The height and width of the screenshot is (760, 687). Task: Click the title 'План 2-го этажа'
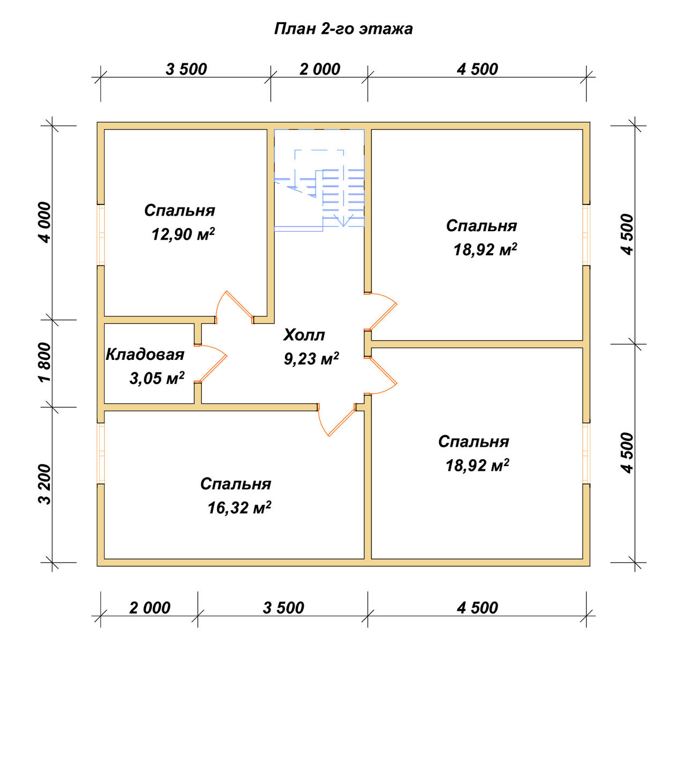pyautogui.click(x=343, y=29)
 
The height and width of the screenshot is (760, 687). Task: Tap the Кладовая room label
pyautogui.click(x=145, y=355)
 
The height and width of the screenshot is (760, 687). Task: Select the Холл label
pyautogui.click(x=304, y=335)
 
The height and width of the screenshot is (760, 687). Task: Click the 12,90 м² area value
pyautogui.click(x=183, y=234)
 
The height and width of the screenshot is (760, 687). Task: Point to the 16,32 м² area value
pyautogui.click(x=239, y=508)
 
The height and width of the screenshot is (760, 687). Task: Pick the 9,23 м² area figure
pyautogui.click(x=311, y=358)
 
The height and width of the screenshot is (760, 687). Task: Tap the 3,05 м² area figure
pyautogui.click(x=157, y=378)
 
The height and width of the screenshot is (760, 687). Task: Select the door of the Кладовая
pyautogui.click(x=211, y=364)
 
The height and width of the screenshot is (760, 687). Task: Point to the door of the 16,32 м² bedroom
pyautogui.click(x=337, y=420)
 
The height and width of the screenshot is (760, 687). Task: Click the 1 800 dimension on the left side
pyautogui.click(x=45, y=363)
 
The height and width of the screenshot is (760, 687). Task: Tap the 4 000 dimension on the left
pyautogui.click(x=45, y=223)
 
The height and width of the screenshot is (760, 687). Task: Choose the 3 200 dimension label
pyautogui.click(x=45, y=484)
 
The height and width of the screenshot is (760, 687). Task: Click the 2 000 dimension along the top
pyautogui.click(x=319, y=69)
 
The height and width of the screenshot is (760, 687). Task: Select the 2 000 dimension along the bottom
pyautogui.click(x=150, y=608)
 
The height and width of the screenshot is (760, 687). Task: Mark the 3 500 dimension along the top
pyautogui.click(x=186, y=69)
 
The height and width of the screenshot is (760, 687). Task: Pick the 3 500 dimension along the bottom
pyautogui.click(x=283, y=608)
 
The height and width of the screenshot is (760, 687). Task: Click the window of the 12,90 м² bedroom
pyautogui.click(x=101, y=234)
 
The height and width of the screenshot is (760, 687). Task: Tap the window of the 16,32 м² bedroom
pyautogui.click(x=101, y=453)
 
